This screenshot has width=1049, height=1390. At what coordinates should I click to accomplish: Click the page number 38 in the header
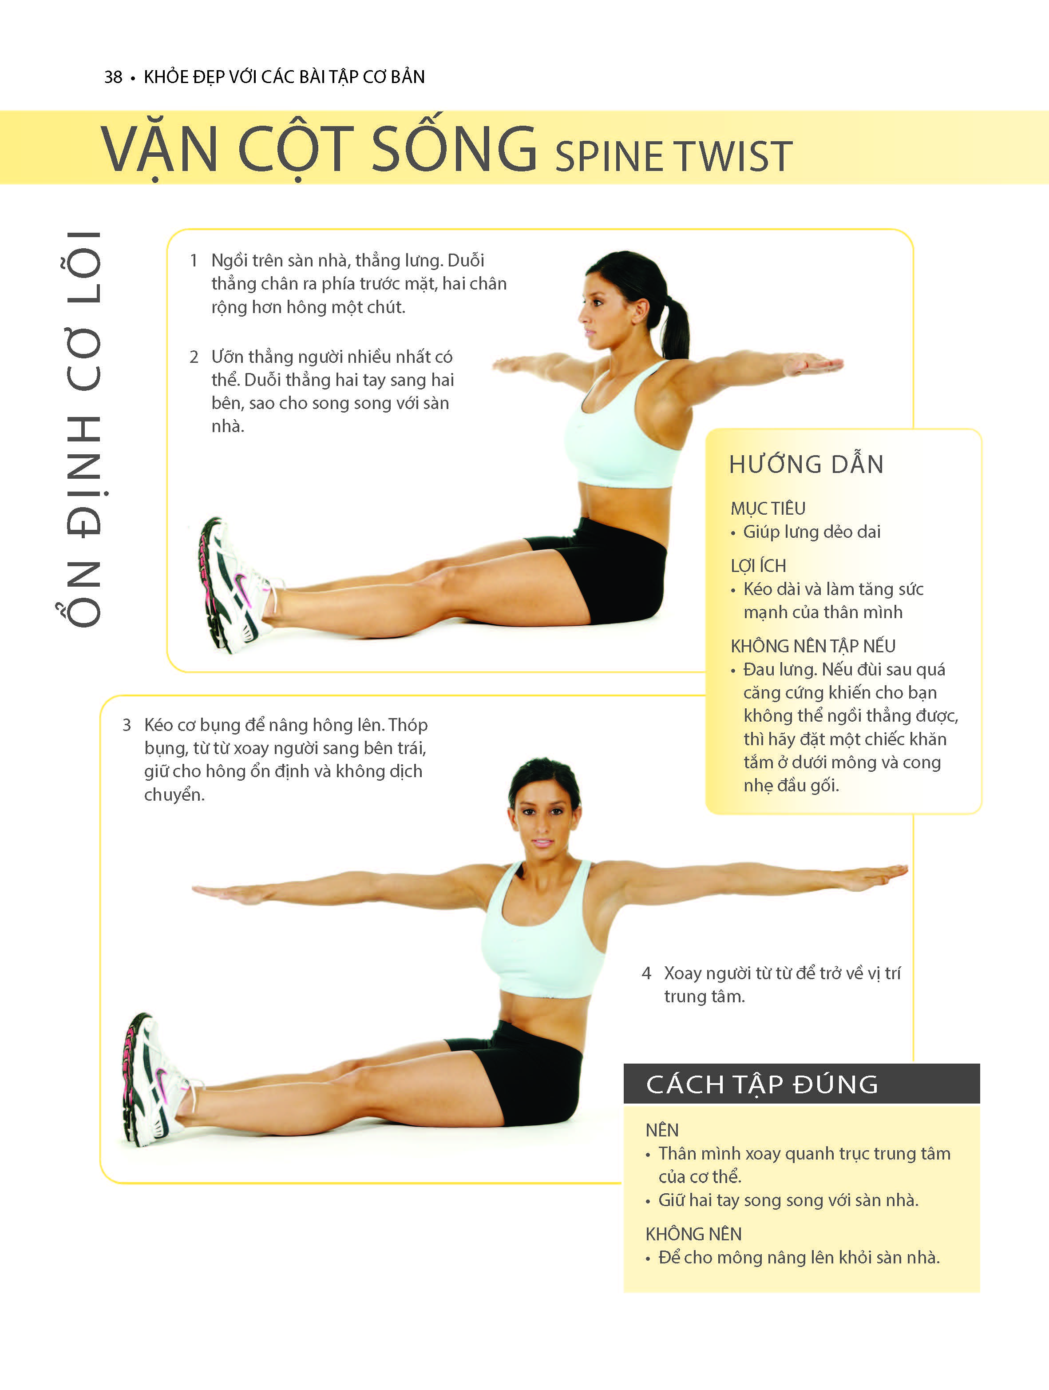[x=113, y=77]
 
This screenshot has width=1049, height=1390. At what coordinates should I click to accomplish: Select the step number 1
[x=194, y=260]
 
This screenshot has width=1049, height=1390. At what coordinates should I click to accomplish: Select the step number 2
[x=194, y=357]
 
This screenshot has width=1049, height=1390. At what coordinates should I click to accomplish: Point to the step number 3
[x=127, y=725]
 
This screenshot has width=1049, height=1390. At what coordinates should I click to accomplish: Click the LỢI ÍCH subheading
[x=758, y=566]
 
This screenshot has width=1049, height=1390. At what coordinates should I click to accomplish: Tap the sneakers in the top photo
[x=236, y=584]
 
